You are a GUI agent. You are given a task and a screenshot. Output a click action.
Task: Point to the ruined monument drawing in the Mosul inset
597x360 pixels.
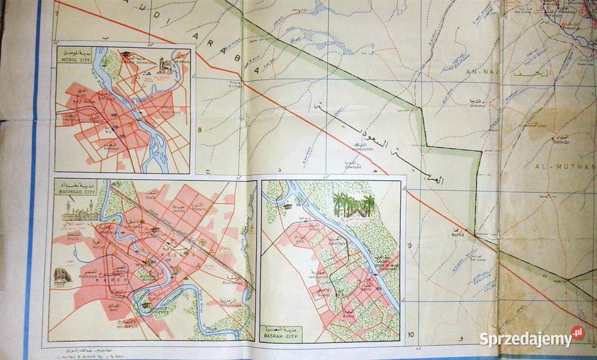point(165,65)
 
